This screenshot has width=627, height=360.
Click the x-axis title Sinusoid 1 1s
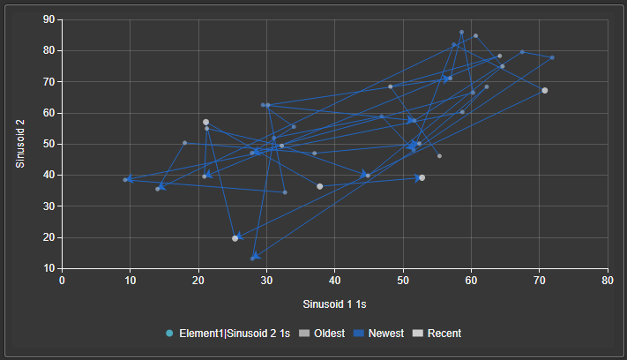334,304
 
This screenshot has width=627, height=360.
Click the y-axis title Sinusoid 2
20,144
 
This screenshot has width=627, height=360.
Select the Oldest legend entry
322,334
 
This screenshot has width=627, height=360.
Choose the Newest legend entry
378,334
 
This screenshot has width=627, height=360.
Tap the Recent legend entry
437,334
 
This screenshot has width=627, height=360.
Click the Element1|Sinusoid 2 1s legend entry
228,334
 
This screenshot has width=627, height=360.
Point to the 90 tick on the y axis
49,19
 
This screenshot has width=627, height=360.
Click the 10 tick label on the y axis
49,268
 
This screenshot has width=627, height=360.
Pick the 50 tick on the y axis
49,144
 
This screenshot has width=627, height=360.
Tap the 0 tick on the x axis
62,281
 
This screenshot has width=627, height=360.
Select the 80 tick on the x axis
608,281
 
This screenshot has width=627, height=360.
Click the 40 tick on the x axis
335,281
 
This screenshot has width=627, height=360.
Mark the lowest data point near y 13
252,259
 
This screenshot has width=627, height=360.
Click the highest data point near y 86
461,32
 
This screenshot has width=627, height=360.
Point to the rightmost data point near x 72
552,57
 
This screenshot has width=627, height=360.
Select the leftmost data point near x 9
125,180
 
